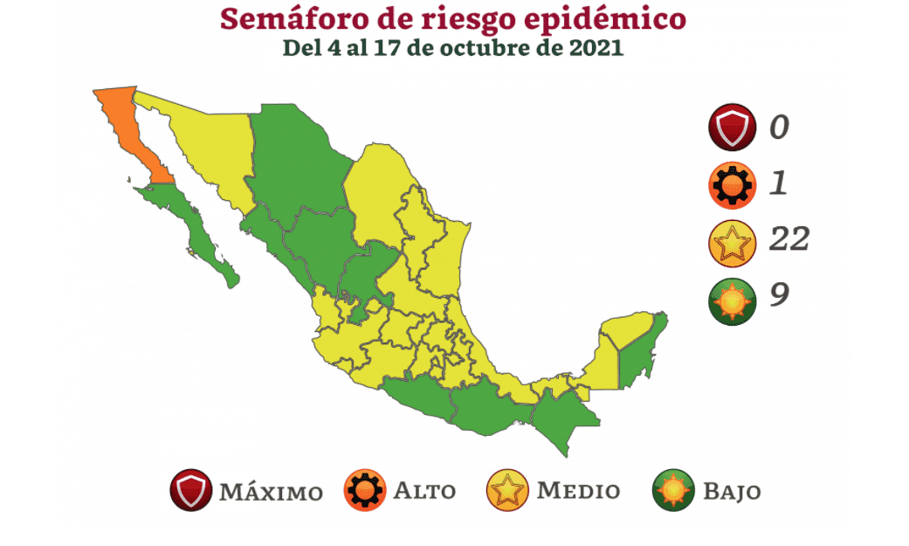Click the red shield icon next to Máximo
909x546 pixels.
click(x=191, y=491)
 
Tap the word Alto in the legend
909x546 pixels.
click(x=424, y=491)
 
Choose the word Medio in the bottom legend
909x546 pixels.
click(x=578, y=491)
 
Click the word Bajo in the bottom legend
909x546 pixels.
click(x=732, y=492)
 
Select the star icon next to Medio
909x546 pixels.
click(x=506, y=491)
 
